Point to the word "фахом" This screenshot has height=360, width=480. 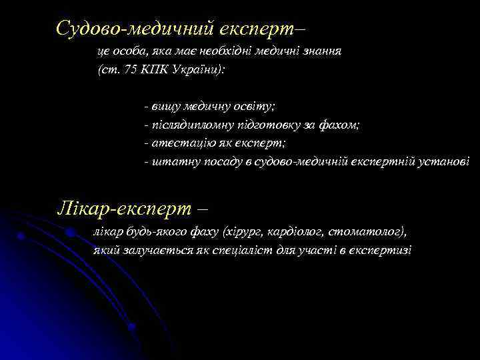pos(341,125)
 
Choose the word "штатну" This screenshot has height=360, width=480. pos(171,161)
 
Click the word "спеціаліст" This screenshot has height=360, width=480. pos(257,251)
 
